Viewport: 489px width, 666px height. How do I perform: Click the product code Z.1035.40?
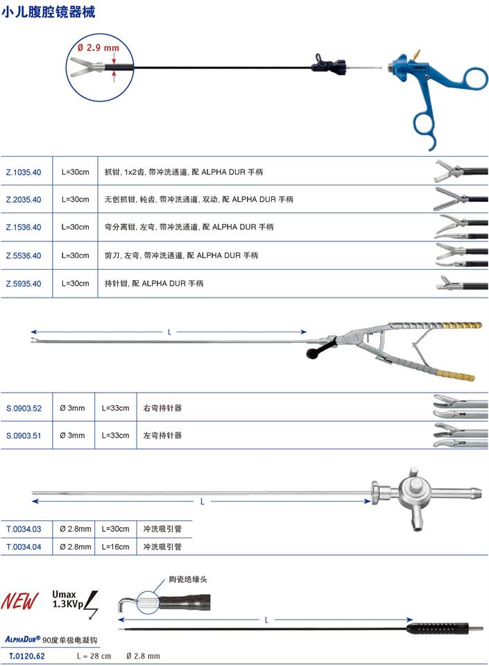[24, 171]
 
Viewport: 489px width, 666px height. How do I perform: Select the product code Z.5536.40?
[24, 255]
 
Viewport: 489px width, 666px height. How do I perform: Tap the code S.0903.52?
[24, 409]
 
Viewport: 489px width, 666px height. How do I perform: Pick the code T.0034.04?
[24, 547]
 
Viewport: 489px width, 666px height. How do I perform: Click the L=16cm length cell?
[115, 547]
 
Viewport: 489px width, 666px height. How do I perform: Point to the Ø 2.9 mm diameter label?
[98, 47]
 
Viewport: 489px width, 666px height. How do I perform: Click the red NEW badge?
[20, 601]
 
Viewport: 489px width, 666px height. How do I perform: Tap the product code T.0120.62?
[26, 656]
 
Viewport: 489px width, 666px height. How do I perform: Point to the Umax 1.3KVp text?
[67, 599]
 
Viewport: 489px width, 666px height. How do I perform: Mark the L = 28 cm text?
[93, 656]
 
